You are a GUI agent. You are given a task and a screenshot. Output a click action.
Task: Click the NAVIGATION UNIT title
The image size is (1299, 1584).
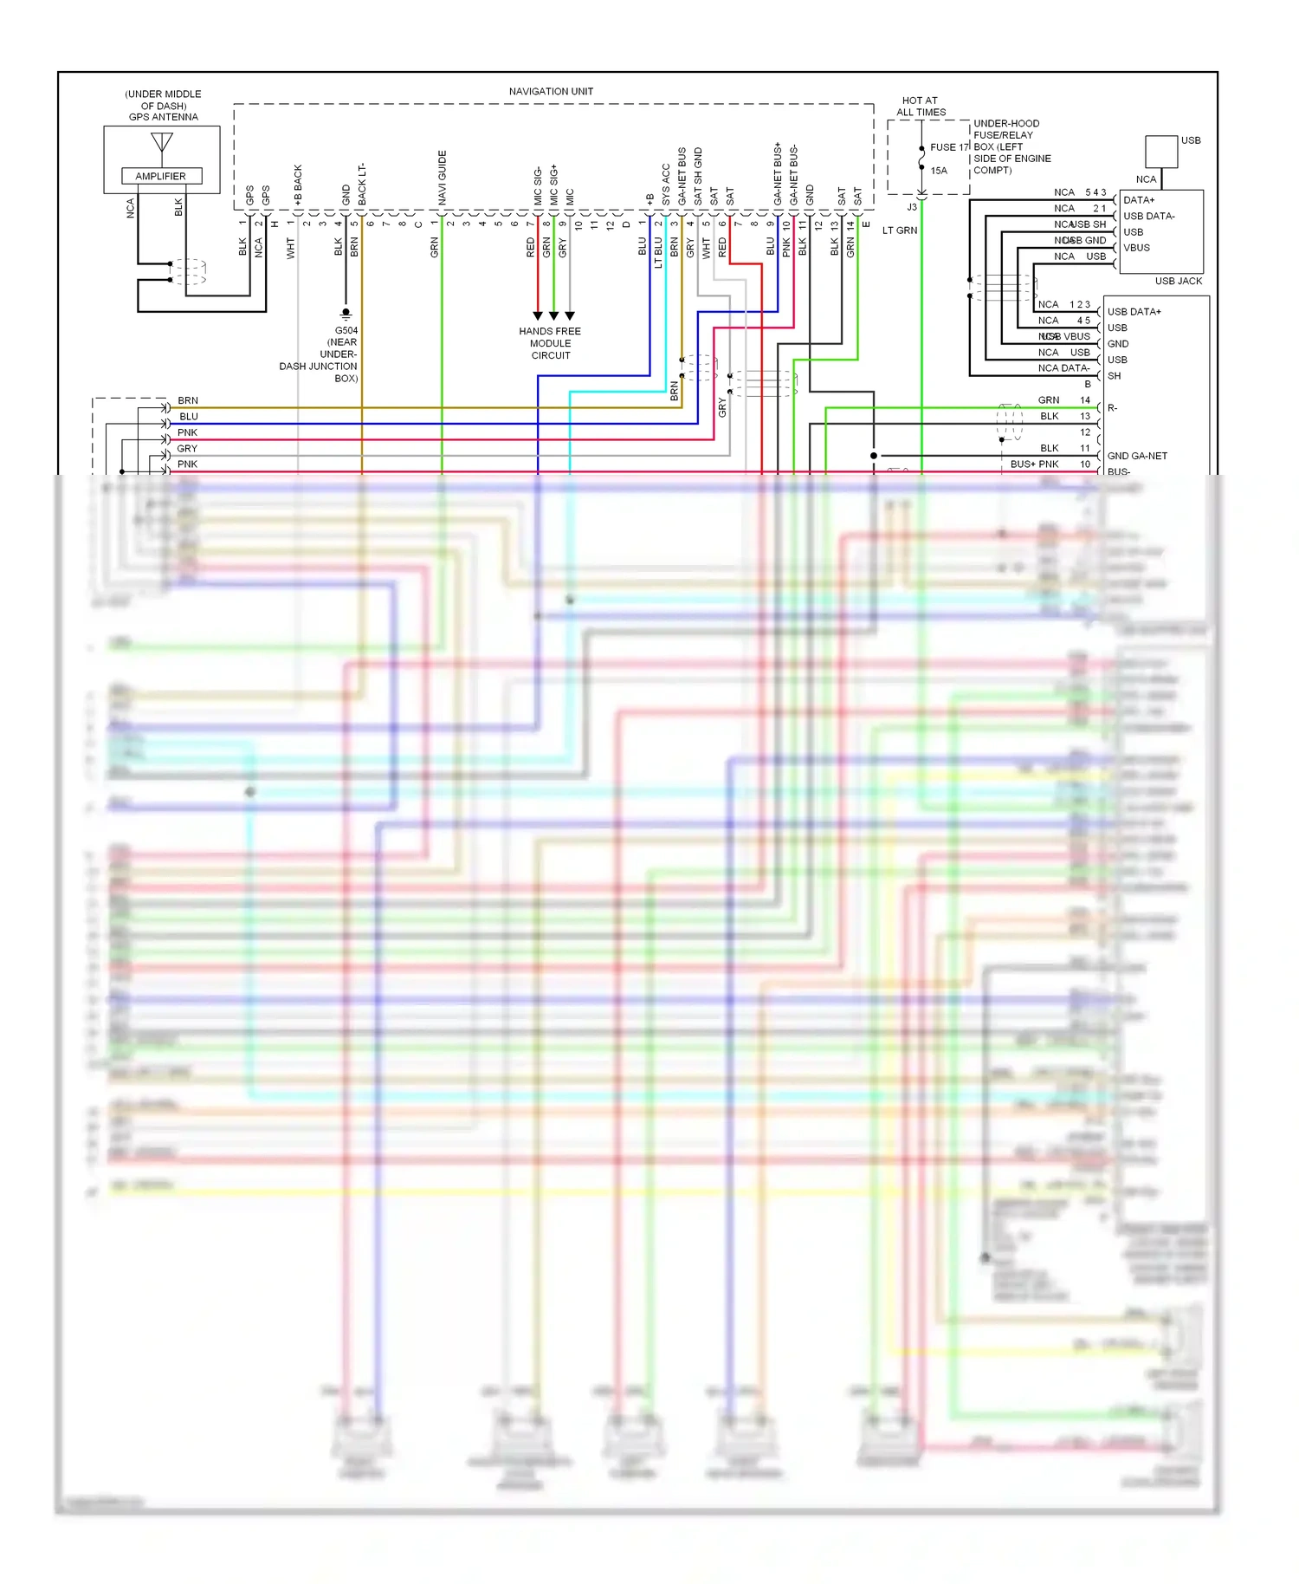(x=551, y=91)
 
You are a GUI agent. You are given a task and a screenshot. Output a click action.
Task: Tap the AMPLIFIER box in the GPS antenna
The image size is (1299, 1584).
(x=161, y=176)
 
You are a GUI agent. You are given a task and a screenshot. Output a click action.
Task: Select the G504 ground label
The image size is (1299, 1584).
(x=346, y=330)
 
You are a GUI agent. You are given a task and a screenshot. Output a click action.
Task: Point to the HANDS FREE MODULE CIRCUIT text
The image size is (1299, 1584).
(x=550, y=343)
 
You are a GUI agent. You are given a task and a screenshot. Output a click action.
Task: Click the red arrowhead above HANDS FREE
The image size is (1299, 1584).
(x=538, y=315)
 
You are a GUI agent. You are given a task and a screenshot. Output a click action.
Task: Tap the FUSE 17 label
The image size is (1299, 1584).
(x=949, y=147)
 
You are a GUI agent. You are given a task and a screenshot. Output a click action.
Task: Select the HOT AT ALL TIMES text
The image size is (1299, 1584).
(x=921, y=107)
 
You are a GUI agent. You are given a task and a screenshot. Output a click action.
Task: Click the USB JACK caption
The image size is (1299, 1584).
(x=1178, y=281)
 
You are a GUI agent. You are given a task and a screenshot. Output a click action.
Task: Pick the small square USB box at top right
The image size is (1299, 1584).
(x=1161, y=152)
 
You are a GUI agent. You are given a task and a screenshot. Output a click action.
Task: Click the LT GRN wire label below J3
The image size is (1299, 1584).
(x=900, y=230)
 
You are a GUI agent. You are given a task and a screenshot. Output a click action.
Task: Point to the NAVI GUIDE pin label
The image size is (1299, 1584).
(x=443, y=178)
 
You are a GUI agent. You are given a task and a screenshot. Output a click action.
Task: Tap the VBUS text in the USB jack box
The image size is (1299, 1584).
(x=1136, y=248)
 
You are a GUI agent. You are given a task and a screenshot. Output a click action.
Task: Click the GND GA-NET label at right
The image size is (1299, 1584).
(x=1136, y=456)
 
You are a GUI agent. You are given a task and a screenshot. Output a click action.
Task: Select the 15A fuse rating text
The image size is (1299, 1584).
(x=939, y=171)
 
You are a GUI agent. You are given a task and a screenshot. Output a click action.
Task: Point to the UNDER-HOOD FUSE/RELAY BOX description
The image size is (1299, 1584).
(x=1011, y=146)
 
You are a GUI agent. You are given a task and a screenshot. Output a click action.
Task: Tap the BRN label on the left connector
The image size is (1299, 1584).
(x=188, y=400)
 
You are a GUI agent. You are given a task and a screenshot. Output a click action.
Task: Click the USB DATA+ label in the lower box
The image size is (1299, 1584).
(x=1134, y=312)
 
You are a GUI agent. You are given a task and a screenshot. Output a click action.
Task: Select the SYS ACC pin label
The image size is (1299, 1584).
(x=666, y=185)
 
